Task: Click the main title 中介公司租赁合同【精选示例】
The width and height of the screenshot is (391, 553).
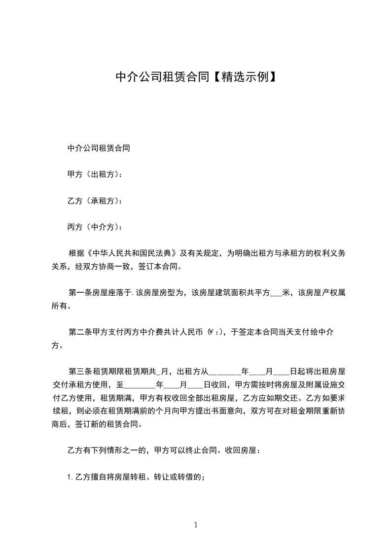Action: pyautogui.click(x=195, y=76)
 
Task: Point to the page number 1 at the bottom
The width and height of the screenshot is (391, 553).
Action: pyautogui.click(x=196, y=525)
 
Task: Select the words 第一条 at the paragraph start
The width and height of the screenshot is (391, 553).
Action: pyautogui.click(x=80, y=293)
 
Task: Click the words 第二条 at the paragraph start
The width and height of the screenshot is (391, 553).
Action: pyautogui.click(x=80, y=332)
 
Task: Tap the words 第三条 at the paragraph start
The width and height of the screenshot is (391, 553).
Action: pyautogui.click(x=80, y=371)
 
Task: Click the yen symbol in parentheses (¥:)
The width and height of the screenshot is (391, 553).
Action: pyautogui.click(x=214, y=332)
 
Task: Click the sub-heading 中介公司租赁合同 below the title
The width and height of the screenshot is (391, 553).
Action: pyautogui.click(x=99, y=148)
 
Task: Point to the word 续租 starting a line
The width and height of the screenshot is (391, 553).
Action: pyautogui.click(x=60, y=411)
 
